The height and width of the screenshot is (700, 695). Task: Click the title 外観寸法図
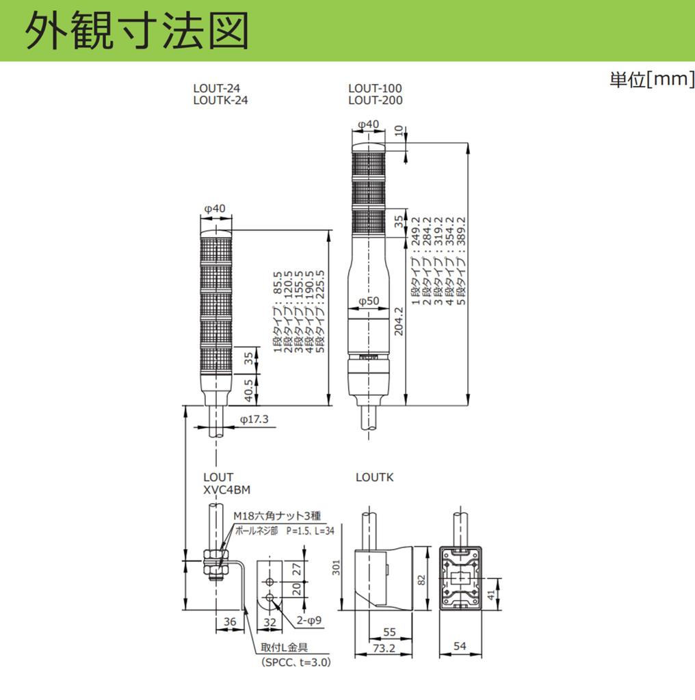(x=137, y=31)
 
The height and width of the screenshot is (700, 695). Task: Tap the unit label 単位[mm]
(x=652, y=79)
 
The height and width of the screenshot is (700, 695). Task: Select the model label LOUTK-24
(x=221, y=100)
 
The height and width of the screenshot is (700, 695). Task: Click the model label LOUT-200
(x=375, y=100)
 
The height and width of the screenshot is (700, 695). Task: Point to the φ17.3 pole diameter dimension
(x=254, y=419)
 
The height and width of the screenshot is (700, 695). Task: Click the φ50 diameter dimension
(x=369, y=301)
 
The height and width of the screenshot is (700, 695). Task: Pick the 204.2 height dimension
(x=399, y=321)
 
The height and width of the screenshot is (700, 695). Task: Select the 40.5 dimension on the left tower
(x=248, y=390)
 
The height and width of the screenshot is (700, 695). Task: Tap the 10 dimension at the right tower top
(x=399, y=131)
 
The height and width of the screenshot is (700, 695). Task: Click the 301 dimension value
(x=337, y=567)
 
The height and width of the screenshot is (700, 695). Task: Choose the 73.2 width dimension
(x=384, y=648)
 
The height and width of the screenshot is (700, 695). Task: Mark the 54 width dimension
(x=460, y=645)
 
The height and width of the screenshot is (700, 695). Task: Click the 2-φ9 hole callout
(x=309, y=620)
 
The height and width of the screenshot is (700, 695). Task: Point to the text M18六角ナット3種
(x=277, y=515)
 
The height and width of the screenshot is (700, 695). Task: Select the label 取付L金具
(x=284, y=647)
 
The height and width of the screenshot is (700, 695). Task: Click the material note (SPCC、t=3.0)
(x=296, y=662)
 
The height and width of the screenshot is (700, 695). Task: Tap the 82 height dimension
(x=421, y=580)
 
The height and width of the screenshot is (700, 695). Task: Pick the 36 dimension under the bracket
(x=230, y=621)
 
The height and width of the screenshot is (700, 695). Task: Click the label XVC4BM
(x=227, y=489)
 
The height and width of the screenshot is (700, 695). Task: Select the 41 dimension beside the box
(x=491, y=595)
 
